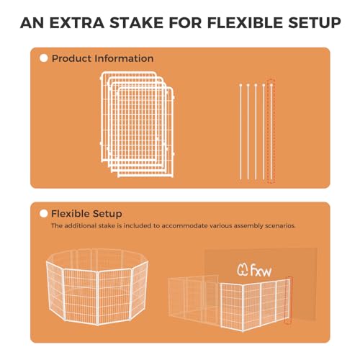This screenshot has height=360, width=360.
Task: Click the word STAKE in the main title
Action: click(137, 23)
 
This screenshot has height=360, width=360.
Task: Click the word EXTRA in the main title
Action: click(77, 23)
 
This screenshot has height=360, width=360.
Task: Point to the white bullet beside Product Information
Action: click(44, 58)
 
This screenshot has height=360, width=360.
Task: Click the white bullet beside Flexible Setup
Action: click(43, 214)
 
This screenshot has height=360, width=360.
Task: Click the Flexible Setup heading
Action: click(86, 214)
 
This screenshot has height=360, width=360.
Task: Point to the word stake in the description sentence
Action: click(107, 226)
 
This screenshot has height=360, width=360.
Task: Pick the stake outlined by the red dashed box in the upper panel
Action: click(271, 132)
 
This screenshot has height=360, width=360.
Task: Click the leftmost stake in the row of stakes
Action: click(240, 132)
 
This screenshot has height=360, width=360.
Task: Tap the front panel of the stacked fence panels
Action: click(145, 132)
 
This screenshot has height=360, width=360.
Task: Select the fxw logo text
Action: click(261, 271)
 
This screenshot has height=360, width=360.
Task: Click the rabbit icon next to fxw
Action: click(243, 270)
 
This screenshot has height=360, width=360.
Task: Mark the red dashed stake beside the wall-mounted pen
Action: click(289, 300)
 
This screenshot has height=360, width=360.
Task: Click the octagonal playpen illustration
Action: click(97, 287)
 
